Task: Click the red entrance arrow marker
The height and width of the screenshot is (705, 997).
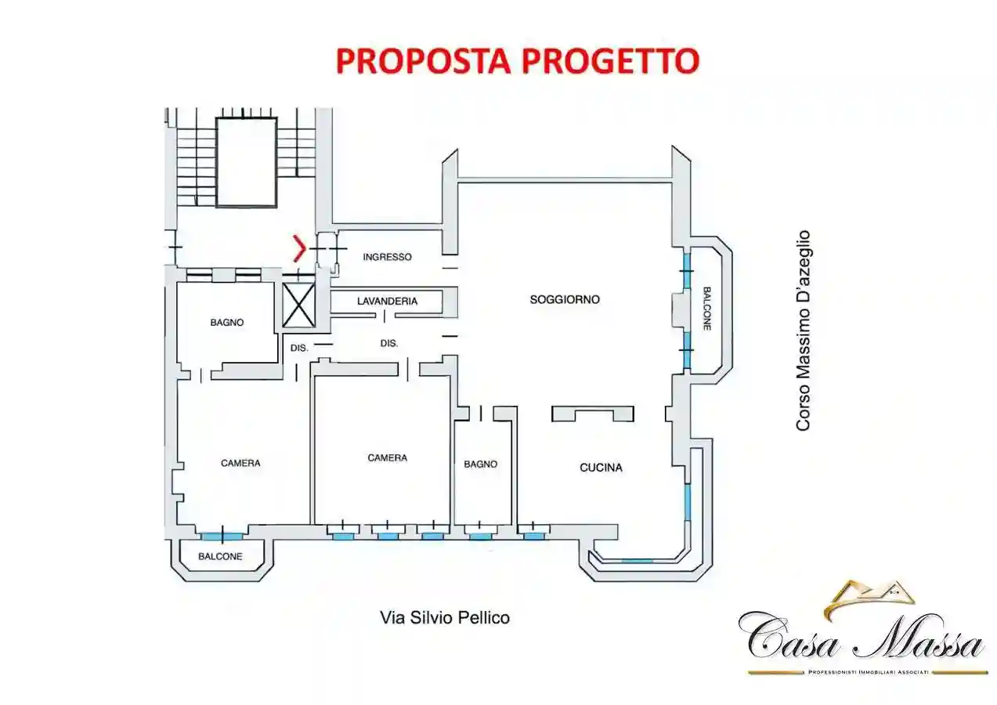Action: [x=298, y=248]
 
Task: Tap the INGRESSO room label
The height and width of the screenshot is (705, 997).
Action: [x=387, y=257]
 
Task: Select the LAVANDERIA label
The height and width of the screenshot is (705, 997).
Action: [x=387, y=301]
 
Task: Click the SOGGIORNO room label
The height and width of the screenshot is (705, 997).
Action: [x=564, y=299]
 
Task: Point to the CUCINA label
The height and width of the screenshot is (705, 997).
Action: [x=601, y=468]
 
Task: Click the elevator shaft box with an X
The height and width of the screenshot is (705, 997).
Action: [x=298, y=305]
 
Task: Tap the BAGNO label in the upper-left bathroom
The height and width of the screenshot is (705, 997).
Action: [x=226, y=322]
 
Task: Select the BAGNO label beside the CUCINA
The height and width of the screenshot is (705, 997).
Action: [x=480, y=464]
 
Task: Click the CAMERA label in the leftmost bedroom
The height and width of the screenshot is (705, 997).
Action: [x=240, y=463]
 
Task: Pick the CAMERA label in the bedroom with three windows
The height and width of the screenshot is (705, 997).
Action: [x=387, y=457]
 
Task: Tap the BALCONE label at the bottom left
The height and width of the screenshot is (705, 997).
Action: [x=220, y=556]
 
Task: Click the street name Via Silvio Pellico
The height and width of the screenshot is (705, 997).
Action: [x=444, y=617]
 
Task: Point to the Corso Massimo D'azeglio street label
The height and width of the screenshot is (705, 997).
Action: [x=803, y=330]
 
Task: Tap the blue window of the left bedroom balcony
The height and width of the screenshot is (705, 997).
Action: [x=221, y=537]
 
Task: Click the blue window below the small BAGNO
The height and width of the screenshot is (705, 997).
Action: [x=480, y=537]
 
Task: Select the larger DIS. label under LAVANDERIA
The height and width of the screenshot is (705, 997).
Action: [x=389, y=343]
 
